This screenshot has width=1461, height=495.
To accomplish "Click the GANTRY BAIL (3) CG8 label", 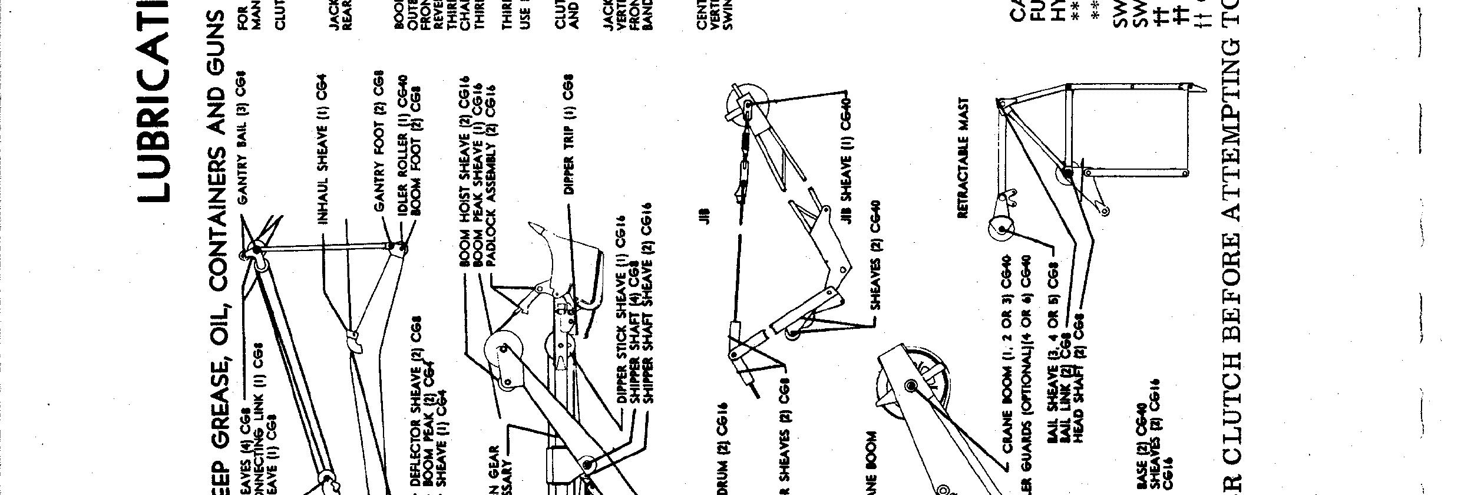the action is point(242,137).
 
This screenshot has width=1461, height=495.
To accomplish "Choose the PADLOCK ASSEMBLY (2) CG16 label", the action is point(491,177).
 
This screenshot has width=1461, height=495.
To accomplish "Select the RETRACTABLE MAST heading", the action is point(963,167).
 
